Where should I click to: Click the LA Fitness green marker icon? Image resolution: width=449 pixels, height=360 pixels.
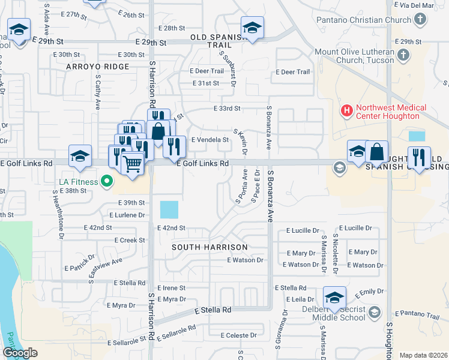107,180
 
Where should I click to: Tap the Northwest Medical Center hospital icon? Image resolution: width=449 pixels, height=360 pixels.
347,111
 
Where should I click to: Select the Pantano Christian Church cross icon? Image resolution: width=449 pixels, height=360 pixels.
420,20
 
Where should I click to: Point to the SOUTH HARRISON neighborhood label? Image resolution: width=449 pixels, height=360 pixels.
209,247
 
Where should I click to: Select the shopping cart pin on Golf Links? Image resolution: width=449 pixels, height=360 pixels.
132,161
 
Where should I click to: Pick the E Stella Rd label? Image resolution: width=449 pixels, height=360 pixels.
213,310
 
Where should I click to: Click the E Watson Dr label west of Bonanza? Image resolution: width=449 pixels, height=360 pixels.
246,260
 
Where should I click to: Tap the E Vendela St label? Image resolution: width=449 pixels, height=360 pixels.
210,140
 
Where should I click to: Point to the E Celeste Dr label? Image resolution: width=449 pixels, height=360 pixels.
239,335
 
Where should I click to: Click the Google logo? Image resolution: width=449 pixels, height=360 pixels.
20,353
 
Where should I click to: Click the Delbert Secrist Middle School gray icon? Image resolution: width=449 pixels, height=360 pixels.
375,311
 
